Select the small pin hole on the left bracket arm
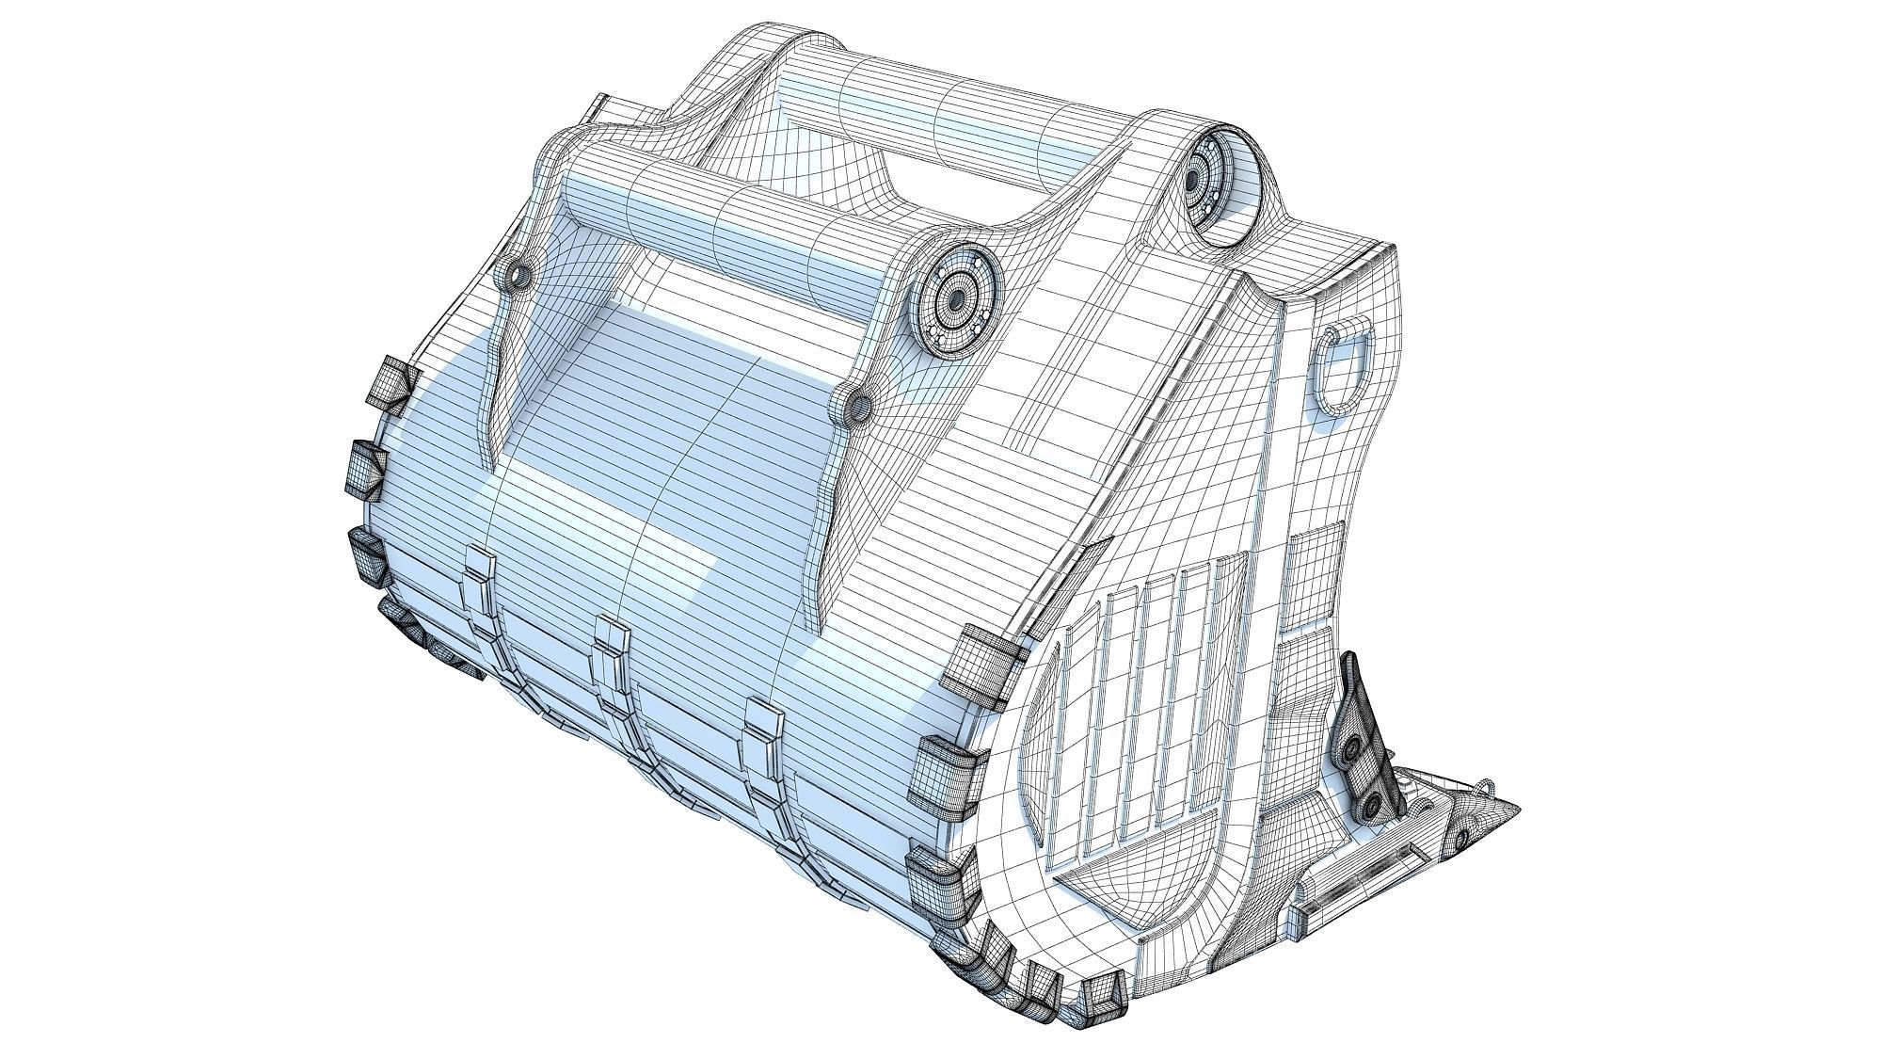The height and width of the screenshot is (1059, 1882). (x=517, y=274)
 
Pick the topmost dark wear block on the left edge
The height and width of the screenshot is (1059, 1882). (x=390, y=384)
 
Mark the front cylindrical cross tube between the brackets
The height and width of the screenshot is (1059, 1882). (x=734, y=221)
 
